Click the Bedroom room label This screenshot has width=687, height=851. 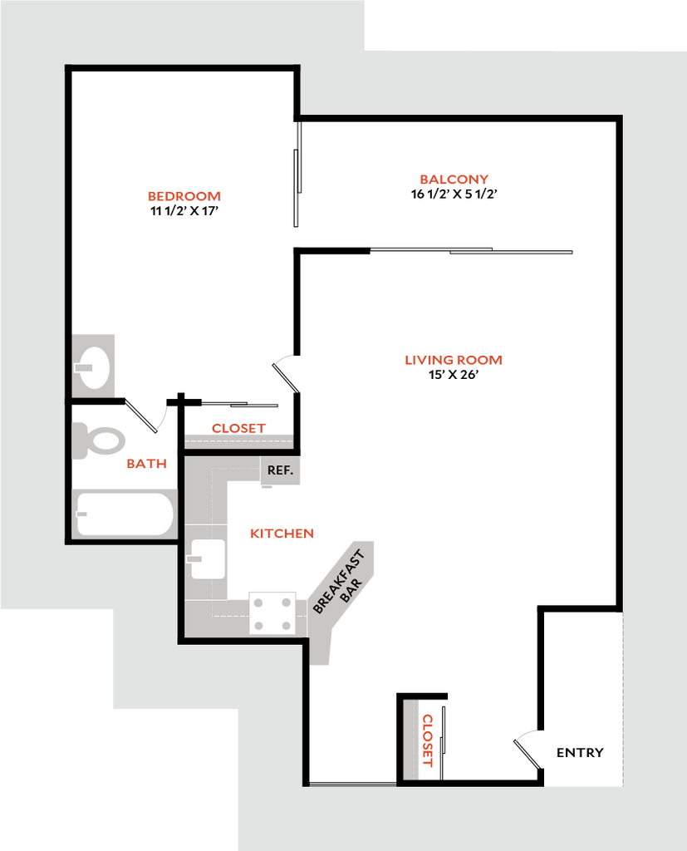click(184, 197)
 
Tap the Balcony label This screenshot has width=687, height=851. click(454, 180)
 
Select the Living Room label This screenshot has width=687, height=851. click(453, 361)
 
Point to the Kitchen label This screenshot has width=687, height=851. click(282, 534)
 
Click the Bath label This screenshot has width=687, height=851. click(145, 465)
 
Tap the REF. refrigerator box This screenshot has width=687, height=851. click(280, 470)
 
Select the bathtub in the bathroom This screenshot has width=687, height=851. click(125, 515)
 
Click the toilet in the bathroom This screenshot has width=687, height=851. click(97, 440)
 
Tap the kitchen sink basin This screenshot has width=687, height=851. click(208, 558)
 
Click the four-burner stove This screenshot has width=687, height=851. click(272, 613)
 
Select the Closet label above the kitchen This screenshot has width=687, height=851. click(238, 429)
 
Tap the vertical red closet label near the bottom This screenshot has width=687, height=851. click(429, 740)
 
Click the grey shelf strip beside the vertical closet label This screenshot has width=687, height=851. click(411, 740)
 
